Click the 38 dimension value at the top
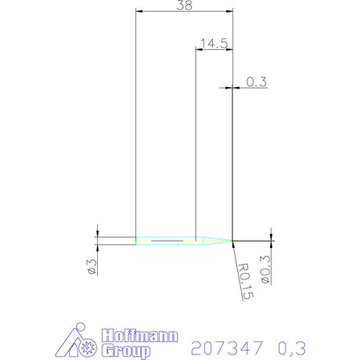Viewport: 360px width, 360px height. [185, 5]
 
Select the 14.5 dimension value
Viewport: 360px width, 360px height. [214, 43]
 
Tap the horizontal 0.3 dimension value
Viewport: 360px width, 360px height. [255, 81]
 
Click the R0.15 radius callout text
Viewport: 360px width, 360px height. [245, 279]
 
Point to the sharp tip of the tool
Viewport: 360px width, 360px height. [233, 240]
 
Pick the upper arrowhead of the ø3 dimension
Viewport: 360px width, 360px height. [97, 234]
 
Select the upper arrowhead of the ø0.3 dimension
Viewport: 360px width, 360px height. [271, 237]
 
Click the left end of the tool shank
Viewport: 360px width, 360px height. [136, 240]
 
